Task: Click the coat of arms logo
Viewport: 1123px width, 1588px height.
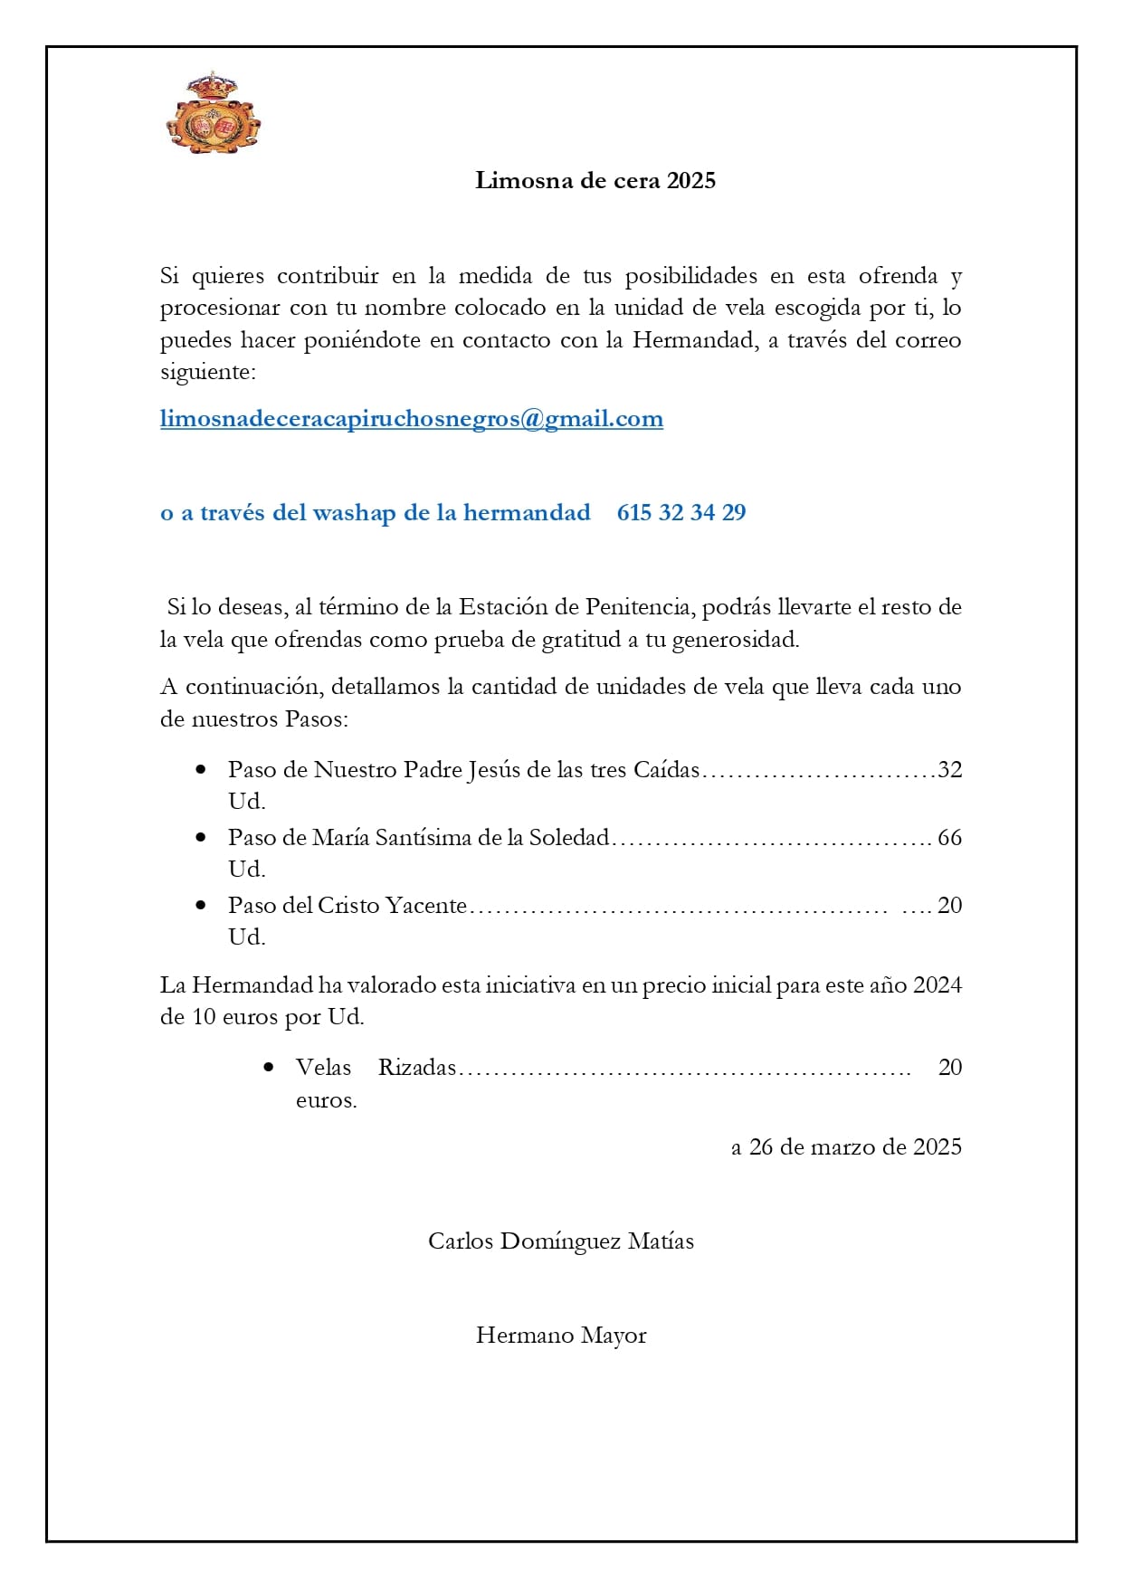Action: (214, 114)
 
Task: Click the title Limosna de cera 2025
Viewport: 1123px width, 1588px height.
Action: (595, 180)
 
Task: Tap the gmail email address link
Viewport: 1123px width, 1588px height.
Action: (412, 419)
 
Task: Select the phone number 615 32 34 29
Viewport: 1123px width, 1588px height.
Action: (681, 513)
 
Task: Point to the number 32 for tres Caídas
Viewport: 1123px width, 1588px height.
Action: (949, 770)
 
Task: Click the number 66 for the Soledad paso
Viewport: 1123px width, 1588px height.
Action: (949, 838)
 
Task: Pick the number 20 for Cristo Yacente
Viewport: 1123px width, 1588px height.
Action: (949, 906)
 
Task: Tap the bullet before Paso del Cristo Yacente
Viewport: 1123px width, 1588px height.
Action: (201, 905)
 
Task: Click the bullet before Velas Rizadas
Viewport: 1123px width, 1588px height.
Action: (269, 1067)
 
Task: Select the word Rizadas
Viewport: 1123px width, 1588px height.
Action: (417, 1068)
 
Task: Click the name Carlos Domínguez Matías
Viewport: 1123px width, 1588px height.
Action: (561, 1241)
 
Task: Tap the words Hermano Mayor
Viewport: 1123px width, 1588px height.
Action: (561, 1336)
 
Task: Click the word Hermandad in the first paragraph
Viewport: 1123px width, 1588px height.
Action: (692, 341)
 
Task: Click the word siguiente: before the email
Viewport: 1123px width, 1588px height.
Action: (208, 373)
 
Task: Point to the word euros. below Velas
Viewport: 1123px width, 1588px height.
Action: (326, 1101)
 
